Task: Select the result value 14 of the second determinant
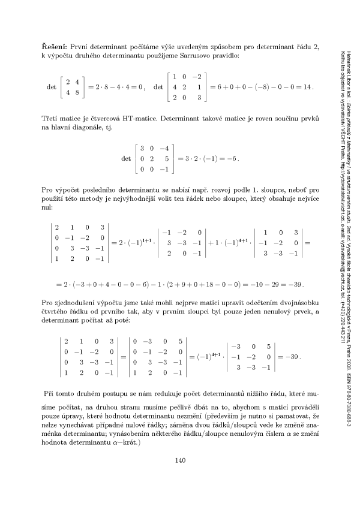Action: click(x=307, y=87)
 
